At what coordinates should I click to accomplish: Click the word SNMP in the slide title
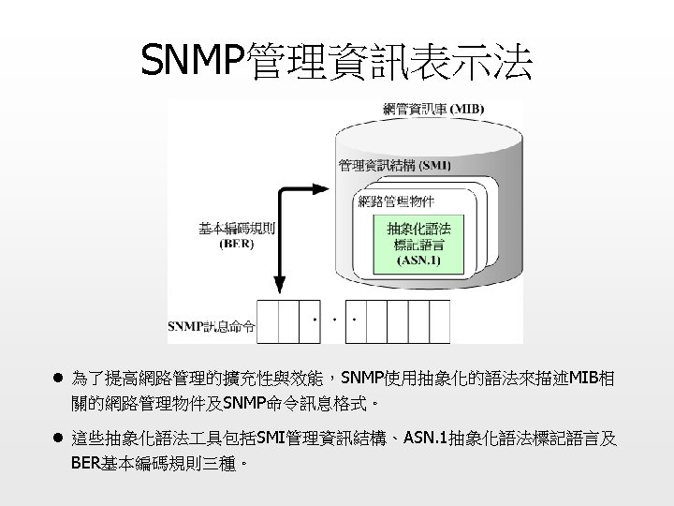(191, 63)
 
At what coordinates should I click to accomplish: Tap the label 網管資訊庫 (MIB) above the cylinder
(433, 108)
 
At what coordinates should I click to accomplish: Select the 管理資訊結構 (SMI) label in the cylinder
(394, 166)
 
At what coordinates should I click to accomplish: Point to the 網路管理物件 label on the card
(396, 201)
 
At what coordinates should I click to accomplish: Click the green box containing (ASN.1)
(418, 243)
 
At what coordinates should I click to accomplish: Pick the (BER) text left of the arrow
(236, 244)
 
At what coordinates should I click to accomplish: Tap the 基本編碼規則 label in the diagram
(236, 228)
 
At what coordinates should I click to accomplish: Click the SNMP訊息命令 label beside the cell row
(211, 327)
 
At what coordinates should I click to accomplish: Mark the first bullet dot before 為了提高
(57, 379)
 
